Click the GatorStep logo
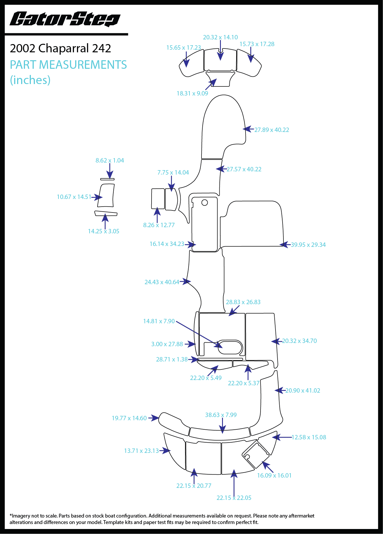(65, 19)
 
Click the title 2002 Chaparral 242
(61, 48)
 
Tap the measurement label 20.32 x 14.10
(220, 37)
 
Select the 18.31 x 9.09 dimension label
(192, 93)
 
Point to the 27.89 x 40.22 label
(272, 130)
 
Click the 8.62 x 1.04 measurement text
(110, 160)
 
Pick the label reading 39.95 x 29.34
(308, 245)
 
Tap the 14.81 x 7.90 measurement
(159, 321)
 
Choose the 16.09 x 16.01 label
(274, 476)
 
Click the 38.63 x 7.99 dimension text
(221, 415)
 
